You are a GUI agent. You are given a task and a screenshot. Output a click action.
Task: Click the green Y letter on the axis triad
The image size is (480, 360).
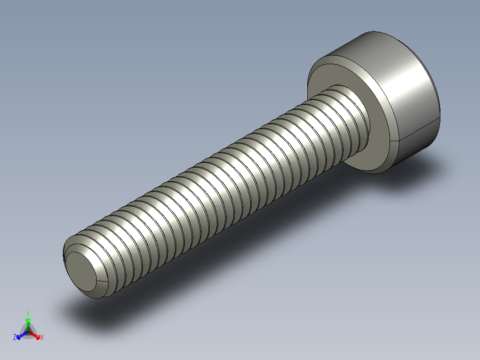point(28,313)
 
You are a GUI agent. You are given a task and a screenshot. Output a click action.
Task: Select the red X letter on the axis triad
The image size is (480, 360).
point(42,338)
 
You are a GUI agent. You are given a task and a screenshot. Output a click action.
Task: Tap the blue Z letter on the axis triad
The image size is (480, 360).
point(15,338)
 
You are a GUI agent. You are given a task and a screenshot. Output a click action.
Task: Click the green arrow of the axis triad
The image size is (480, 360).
point(28,322)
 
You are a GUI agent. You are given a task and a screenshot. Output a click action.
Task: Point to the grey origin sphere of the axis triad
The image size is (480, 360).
point(28,332)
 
